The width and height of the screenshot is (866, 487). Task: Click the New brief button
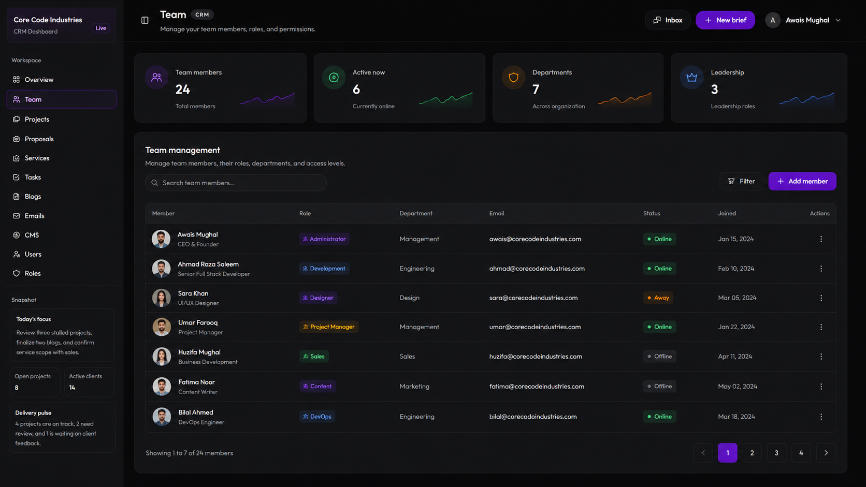pyautogui.click(x=725, y=20)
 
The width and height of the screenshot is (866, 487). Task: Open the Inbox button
pyautogui.click(x=668, y=20)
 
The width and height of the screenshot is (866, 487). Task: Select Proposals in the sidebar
pyautogui.click(x=39, y=139)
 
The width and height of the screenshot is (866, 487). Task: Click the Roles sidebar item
pyautogui.click(x=33, y=273)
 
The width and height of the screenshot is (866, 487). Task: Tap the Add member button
pyautogui.click(x=802, y=181)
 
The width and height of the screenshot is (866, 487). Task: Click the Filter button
pyautogui.click(x=741, y=181)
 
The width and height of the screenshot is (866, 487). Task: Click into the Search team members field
pyautogui.click(x=236, y=183)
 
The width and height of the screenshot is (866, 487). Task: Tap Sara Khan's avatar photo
pyautogui.click(x=161, y=298)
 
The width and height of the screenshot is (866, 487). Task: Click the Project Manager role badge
pyautogui.click(x=328, y=327)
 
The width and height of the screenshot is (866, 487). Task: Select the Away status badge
pyautogui.click(x=658, y=298)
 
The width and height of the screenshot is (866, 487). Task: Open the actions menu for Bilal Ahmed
pyautogui.click(x=821, y=416)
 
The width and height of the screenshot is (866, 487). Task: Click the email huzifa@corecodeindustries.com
pyautogui.click(x=536, y=357)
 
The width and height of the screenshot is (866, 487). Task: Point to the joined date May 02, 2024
pyautogui.click(x=737, y=386)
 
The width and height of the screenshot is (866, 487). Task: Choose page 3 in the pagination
pyautogui.click(x=776, y=453)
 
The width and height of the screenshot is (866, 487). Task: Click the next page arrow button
pyautogui.click(x=826, y=453)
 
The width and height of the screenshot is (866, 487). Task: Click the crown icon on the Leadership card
pyautogui.click(x=691, y=78)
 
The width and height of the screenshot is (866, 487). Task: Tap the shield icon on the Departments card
pyautogui.click(x=513, y=78)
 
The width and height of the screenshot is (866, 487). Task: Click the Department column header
pyautogui.click(x=416, y=213)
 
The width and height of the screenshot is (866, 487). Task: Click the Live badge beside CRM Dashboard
pyautogui.click(x=101, y=28)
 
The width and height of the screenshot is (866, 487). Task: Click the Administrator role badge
pyautogui.click(x=324, y=239)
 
